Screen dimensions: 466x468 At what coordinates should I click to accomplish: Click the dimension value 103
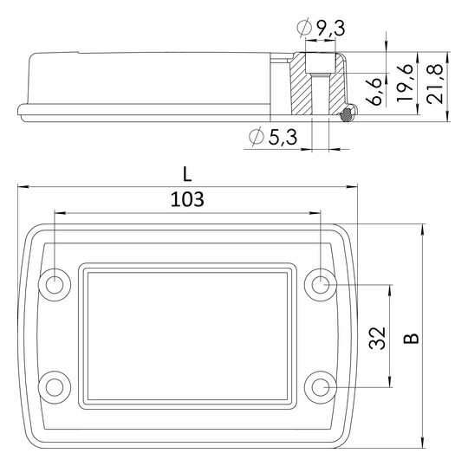click(187, 199)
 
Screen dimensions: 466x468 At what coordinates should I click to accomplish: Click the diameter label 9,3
click(328, 29)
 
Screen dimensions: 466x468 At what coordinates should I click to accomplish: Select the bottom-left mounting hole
click(55, 385)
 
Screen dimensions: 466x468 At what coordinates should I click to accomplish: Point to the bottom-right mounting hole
click(321, 385)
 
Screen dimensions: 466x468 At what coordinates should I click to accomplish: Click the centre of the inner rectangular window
click(187, 334)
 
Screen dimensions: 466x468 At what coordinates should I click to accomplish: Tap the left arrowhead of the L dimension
click(22, 185)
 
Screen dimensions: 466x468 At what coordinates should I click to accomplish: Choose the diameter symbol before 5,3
click(254, 136)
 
